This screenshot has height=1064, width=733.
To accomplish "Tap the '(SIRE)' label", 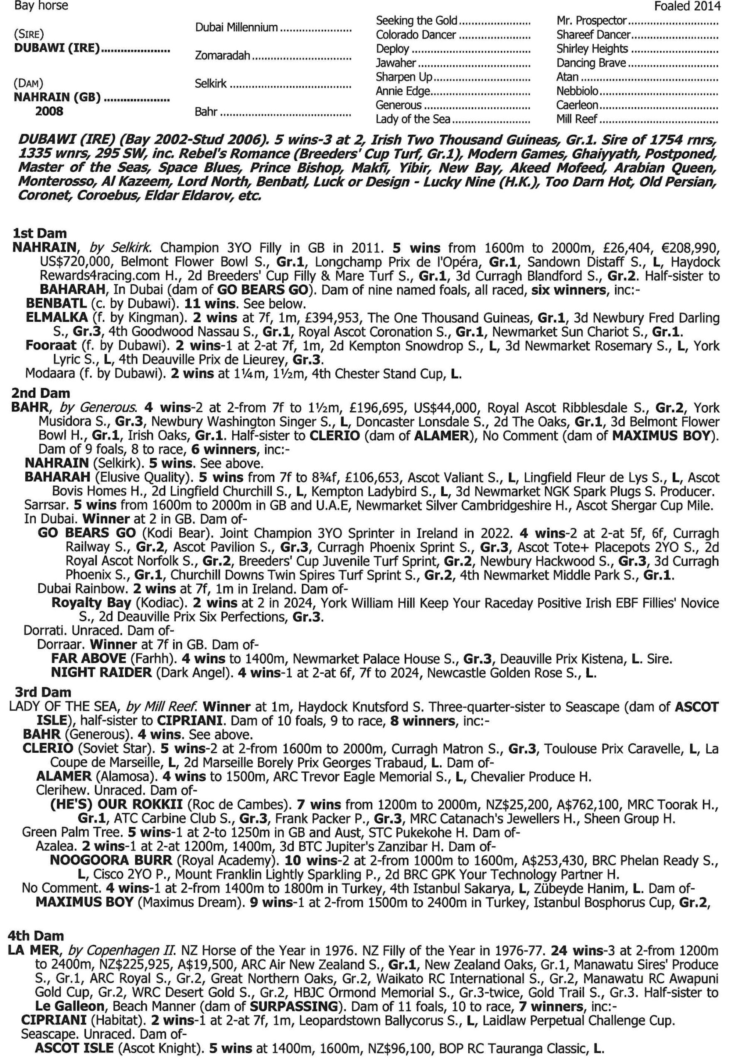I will coord(29,34).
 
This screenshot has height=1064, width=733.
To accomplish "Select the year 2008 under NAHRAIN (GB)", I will coord(49,112).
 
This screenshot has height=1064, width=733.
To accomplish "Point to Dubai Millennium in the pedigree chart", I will coord(236,27).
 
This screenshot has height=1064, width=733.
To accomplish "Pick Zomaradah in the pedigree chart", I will coord(223,56).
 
